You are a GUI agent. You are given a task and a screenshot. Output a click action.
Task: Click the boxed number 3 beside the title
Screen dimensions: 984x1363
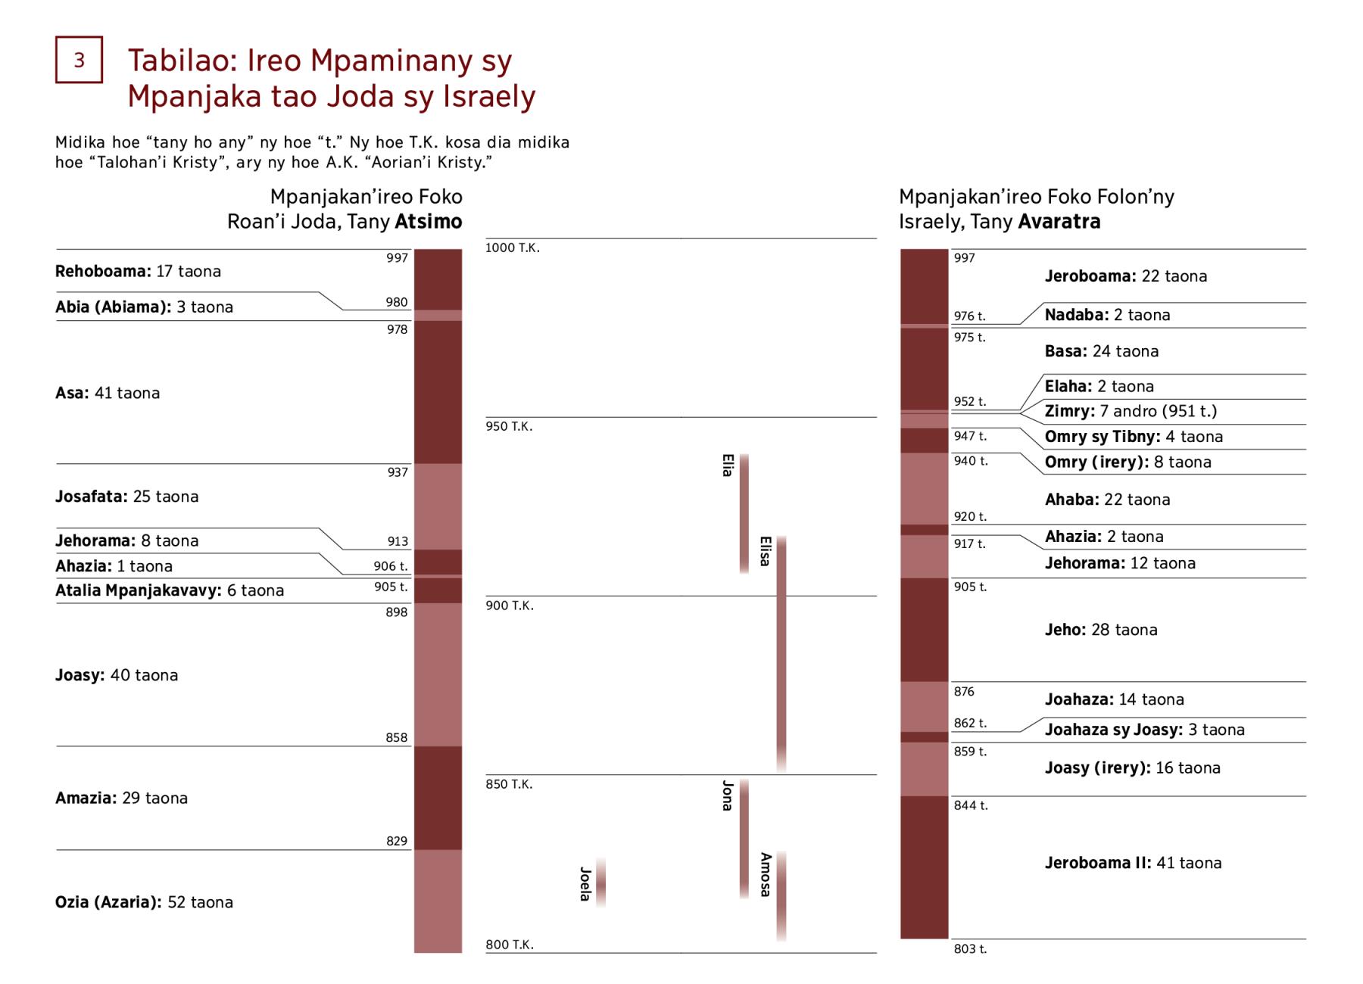coord(79,60)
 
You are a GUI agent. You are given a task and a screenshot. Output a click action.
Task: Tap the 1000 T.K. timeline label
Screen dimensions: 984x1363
coord(513,248)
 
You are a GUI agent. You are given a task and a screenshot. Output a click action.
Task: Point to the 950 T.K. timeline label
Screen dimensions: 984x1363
coord(509,427)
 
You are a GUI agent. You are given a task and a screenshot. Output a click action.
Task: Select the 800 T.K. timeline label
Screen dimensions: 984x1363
coord(509,945)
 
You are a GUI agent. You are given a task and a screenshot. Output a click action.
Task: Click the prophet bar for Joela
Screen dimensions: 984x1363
coord(600,883)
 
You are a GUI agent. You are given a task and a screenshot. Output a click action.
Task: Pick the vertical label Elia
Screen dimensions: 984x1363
coord(728,466)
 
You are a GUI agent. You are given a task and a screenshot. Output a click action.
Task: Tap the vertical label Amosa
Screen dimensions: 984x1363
coord(766,875)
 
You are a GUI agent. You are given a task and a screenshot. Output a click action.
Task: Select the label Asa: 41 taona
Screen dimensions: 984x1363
coord(108,393)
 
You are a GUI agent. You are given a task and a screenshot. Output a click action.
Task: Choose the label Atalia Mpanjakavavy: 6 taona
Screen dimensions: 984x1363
coord(170,590)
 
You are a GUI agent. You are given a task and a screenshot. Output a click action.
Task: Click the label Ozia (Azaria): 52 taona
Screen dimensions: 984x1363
coord(144,902)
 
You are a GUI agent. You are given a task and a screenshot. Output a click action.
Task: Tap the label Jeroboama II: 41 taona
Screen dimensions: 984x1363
coord(1133,863)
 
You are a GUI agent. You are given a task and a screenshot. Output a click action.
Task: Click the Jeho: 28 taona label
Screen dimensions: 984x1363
coord(1100,630)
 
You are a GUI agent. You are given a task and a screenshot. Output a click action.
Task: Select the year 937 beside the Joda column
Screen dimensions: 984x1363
coord(398,472)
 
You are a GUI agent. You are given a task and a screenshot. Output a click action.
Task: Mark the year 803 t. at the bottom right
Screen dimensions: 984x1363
coord(970,949)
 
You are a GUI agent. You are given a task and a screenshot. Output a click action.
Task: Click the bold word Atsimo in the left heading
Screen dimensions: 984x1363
coord(428,222)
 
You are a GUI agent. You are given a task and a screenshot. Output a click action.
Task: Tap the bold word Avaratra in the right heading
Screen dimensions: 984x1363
coord(1059,222)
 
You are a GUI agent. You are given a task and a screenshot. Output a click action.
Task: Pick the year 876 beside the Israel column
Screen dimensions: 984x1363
coord(964,692)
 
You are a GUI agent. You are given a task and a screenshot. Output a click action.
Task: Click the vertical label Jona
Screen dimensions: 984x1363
coord(728,796)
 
